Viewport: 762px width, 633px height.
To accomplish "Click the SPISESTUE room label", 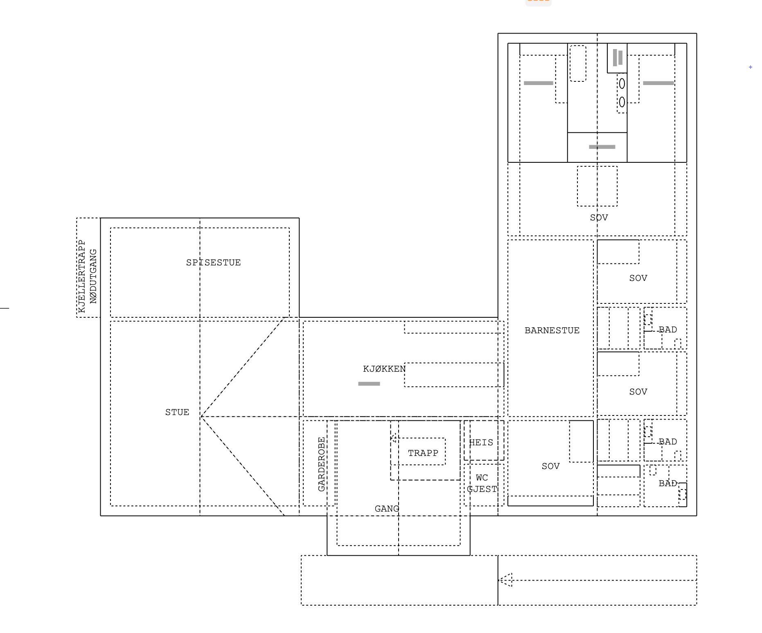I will coord(213,263).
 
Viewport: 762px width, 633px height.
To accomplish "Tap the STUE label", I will coord(177,412).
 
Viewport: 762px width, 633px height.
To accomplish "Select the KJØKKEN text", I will coord(384,369).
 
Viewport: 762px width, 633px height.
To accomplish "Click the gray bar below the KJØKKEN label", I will coord(369,384).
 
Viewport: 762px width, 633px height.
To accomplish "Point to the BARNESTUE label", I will coord(552,330).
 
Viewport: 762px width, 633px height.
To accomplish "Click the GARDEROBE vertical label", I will coord(321,464).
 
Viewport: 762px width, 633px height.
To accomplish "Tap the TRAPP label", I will coord(423,453).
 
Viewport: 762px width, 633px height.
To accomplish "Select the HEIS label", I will coord(481,442).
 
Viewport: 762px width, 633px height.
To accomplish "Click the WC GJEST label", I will coord(482,483).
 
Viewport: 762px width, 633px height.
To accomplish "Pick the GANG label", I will coord(387,509).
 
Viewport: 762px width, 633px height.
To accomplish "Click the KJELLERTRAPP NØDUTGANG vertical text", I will coord(87,276).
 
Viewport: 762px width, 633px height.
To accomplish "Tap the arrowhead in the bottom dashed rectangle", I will coord(506,580).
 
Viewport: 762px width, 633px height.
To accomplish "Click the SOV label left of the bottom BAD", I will coord(550,466).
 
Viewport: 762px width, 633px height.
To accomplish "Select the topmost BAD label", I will coord(667,330).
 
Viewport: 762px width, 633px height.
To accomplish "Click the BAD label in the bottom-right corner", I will coord(667,483).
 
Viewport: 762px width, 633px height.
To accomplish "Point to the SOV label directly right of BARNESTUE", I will coord(638,278).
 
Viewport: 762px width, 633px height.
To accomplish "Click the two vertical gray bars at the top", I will coord(618,58).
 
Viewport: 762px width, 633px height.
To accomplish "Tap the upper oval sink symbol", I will coord(622,83).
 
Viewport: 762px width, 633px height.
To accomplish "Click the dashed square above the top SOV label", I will coord(597,186).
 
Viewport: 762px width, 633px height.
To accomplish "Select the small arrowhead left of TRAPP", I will coord(394,438).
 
